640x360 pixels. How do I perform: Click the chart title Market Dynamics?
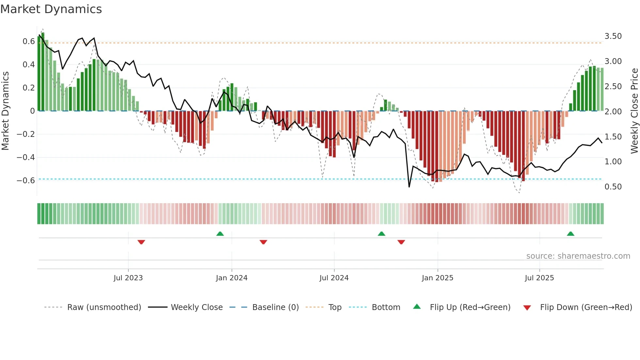click(x=51, y=9)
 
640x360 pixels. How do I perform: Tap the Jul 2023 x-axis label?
click(x=128, y=278)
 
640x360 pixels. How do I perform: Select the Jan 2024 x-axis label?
click(x=232, y=278)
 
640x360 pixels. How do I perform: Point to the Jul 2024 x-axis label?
click(x=334, y=278)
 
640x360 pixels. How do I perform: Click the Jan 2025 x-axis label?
click(x=438, y=278)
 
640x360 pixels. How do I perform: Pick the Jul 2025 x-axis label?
click(x=539, y=278)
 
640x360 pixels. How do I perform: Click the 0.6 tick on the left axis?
click(x=29, y=41)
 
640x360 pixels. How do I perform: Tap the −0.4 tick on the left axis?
click(x=26, y=157)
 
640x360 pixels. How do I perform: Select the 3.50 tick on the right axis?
click(x=613, y=36)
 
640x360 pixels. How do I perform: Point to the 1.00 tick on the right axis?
click(x=613, y=162)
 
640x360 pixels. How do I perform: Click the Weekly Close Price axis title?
click(x=634, y=111)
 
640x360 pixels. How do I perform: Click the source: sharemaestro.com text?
click(x=578, y=256)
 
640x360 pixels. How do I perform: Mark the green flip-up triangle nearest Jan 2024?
click(x=220, y=234)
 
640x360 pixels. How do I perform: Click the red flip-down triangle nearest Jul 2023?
click(x=141, y=242)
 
